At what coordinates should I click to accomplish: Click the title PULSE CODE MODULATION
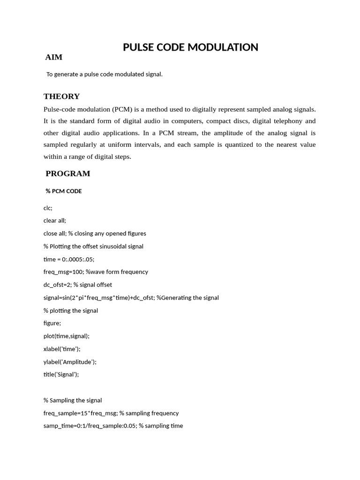(x=190, y=47)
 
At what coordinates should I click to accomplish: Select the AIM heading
(x=54, y=58)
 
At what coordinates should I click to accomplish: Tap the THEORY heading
(x=61, y=97)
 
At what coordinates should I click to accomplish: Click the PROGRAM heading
(x=67, y=174)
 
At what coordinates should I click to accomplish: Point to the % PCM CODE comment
(x=64, y=191)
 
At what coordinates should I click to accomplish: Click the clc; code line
(x=48, y=208)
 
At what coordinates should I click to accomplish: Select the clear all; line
(x=55, y=220)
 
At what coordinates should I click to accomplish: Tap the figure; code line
(x=52, y=323)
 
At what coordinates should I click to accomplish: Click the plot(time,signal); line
(x=66, y=336)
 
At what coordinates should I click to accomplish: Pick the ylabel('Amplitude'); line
(x=70, y=361)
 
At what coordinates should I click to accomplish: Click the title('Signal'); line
(x=61, y=374)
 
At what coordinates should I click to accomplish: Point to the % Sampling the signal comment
(x=73, y=400)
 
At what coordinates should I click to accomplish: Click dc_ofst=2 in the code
(x=57, y=285)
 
